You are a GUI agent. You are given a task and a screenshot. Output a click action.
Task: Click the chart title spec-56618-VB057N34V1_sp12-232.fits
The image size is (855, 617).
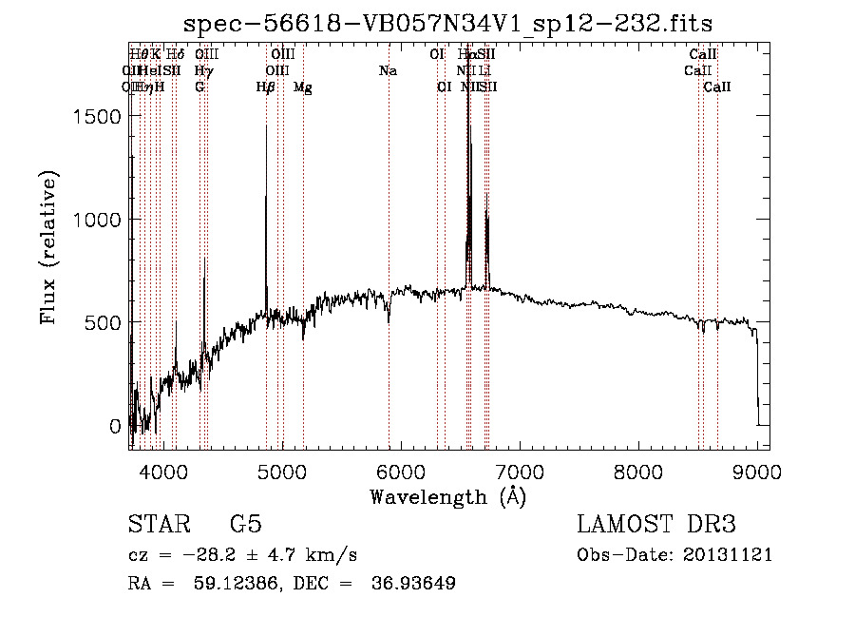coord(447,22)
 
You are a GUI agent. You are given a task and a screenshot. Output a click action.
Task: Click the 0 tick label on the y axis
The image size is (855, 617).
coord(116,426)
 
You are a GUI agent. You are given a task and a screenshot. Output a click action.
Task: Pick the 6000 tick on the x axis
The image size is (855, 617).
coord(400,471)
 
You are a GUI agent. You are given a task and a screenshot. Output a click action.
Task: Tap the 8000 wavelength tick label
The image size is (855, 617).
coord(638,471)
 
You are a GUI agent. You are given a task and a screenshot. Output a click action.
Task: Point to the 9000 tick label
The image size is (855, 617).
coord(757,471)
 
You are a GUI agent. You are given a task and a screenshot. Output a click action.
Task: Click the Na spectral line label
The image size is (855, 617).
coord(388,71)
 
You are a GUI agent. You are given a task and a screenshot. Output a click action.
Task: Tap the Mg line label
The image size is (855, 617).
coord(303,87)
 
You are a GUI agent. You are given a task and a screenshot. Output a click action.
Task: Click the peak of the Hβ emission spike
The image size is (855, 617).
coord(266,126)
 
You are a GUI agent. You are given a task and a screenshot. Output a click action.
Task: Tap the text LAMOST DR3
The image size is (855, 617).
coord(656,525)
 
